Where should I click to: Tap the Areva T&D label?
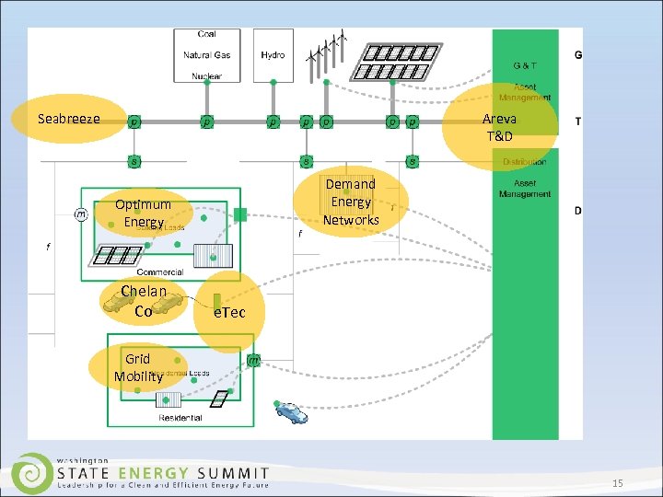[499, 127]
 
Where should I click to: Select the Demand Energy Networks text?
[351, 202]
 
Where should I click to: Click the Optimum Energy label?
[143, 213]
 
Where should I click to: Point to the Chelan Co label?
[143, 301]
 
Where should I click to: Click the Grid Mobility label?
[138, 367]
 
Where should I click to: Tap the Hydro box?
[273, 55]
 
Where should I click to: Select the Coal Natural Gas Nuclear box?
[207, 55]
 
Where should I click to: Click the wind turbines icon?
[328, 51]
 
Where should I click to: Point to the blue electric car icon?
[292, 412]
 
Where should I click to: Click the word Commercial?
[159, 272]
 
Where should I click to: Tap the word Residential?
[180, 418]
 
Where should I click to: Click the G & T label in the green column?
[525, 66]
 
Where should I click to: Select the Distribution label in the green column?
[524, 162]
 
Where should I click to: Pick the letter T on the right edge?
[577, 122]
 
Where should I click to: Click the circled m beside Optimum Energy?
[81, 214]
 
